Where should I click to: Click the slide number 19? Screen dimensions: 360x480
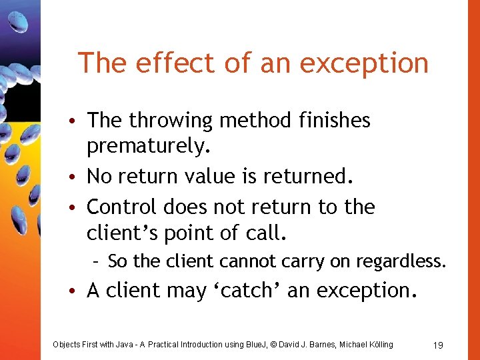(438, 345)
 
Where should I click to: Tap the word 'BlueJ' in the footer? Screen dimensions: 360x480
(251, 345)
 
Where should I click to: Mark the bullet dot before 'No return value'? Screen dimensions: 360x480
(77, 177)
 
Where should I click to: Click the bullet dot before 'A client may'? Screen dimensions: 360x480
(77, 291)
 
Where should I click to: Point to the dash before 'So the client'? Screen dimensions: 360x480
(97, 261)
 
